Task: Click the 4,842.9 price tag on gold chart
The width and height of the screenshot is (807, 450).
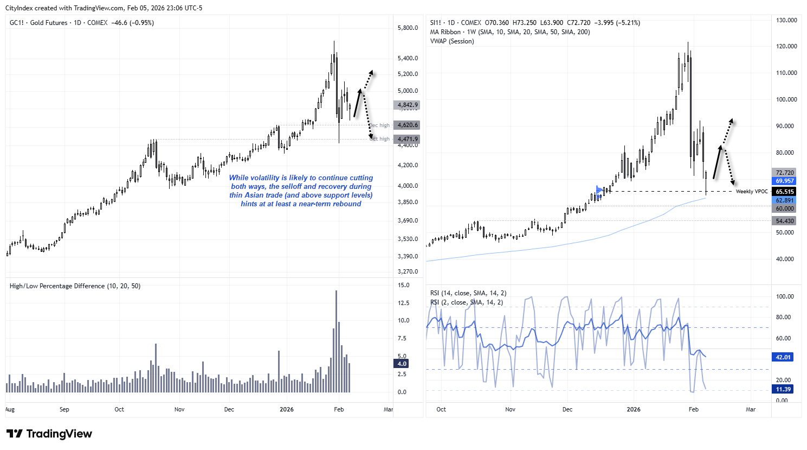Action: [x=407, y=105]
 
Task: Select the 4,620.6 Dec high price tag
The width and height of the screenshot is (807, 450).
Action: [x=407, y=125]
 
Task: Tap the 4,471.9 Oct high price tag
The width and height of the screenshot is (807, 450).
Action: [x=407, y=140]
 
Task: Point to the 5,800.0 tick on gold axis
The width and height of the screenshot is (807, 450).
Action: [x=408, y=28]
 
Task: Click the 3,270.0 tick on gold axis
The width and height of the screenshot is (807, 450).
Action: [x=408, y=271]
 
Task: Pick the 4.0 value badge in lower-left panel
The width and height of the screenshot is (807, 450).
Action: [x=402, y=364]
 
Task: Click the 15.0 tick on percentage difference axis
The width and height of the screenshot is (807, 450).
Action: [x=403, y=285]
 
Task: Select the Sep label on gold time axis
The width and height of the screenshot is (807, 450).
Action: [x=64, y=409]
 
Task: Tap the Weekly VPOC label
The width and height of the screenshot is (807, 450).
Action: [x=752, y=192]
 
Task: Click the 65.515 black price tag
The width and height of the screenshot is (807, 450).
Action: [x=784, y=192]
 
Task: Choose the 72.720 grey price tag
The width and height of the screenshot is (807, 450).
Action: [x=784, y=173]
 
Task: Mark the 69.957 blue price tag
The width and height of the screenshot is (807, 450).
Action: [x=784, y=181]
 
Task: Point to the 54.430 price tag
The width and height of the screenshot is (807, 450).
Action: [x=784, y=221]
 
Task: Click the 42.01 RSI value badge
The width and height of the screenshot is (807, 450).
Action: [x=783, y=357]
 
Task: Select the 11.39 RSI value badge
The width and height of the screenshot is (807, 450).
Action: [x=783, y=389]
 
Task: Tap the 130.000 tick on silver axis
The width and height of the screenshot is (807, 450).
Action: [x=786, y=20]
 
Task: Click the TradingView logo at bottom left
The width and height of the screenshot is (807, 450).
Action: [x=49, y=434]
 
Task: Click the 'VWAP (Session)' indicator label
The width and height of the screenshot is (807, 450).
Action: [x=451, y=41]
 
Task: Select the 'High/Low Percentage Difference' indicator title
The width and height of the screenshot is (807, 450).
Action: [x=57, y=286]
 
